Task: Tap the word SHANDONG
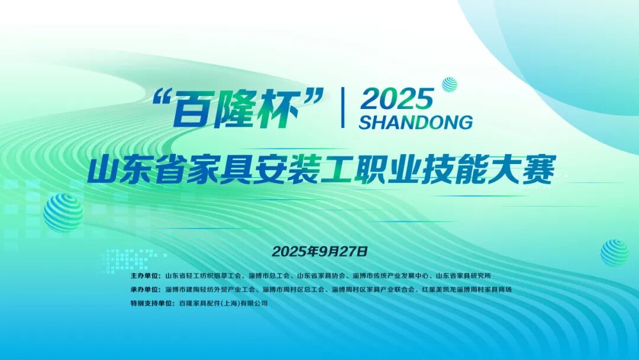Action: pyautogui.click(x=415, y=123)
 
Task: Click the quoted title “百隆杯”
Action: pyautogui.click(x=240, y=108)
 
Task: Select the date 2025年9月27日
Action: pyautogui.click(x=320, y=251)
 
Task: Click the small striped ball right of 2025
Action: pyautogui.click(x=450, y=85)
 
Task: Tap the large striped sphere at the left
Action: pyautogui.click(x=63, y=212)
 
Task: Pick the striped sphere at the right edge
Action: pyautogui.click(x=614, y=252)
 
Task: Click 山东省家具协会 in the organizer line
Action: pyautogui.click(x=321, y=276)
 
